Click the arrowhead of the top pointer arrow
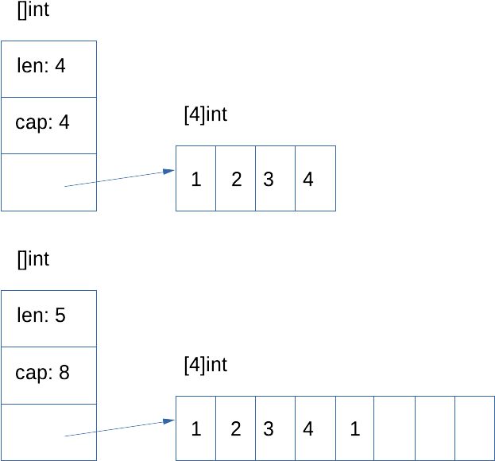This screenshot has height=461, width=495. point(168,171)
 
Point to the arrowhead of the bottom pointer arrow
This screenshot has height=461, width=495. point(168,420)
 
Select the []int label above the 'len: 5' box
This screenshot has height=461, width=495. point(33,260)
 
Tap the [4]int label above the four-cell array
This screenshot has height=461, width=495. point(205,115)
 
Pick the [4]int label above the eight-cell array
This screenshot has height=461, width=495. point(205,366)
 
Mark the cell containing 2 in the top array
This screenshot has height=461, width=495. point(235,179)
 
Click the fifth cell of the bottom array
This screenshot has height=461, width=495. point(354,429)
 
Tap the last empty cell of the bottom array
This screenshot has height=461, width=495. point(474,429)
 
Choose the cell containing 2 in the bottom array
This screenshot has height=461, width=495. point(235,429)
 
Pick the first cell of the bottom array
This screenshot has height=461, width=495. point(195,429)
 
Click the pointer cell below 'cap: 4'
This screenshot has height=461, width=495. point(48,183)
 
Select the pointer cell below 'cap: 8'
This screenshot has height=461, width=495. point(48,432)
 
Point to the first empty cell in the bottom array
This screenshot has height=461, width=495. point(395,429)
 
